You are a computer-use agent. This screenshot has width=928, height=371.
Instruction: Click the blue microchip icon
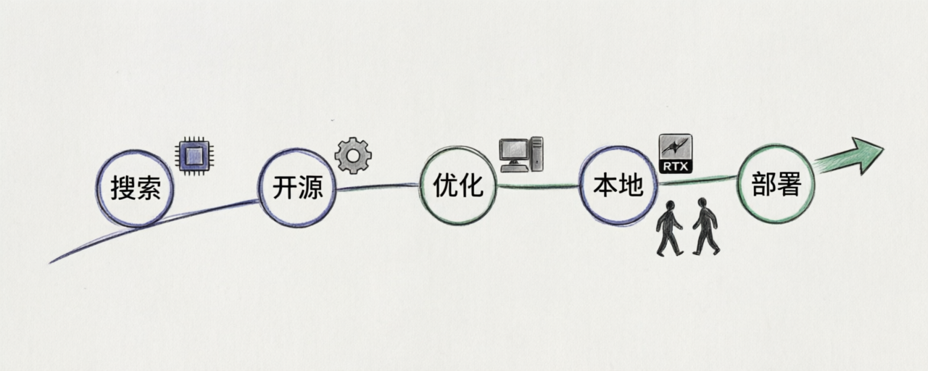click(194, 156)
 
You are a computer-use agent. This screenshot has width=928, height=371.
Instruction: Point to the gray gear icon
click(353, 155)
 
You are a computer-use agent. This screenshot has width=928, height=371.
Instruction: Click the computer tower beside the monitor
click(537, 154)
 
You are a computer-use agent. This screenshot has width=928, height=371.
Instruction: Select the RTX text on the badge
click(676, 167)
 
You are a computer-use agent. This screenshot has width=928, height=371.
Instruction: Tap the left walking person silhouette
click(669, 228)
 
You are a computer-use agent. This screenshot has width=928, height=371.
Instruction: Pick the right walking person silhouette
click(706, 226)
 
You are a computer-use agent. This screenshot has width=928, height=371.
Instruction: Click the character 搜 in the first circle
click(123, 188)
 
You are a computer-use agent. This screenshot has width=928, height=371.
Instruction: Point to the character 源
click(310, 187)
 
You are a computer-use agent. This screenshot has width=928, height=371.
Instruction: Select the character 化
click(471, 185)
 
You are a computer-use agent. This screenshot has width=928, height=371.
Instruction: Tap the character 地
click(631, 185)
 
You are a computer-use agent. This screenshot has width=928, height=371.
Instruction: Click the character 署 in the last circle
click(789, 183)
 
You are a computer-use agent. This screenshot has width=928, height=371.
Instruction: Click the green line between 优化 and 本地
click(539, 186)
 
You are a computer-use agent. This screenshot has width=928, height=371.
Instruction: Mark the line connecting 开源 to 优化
click(378, 187)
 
